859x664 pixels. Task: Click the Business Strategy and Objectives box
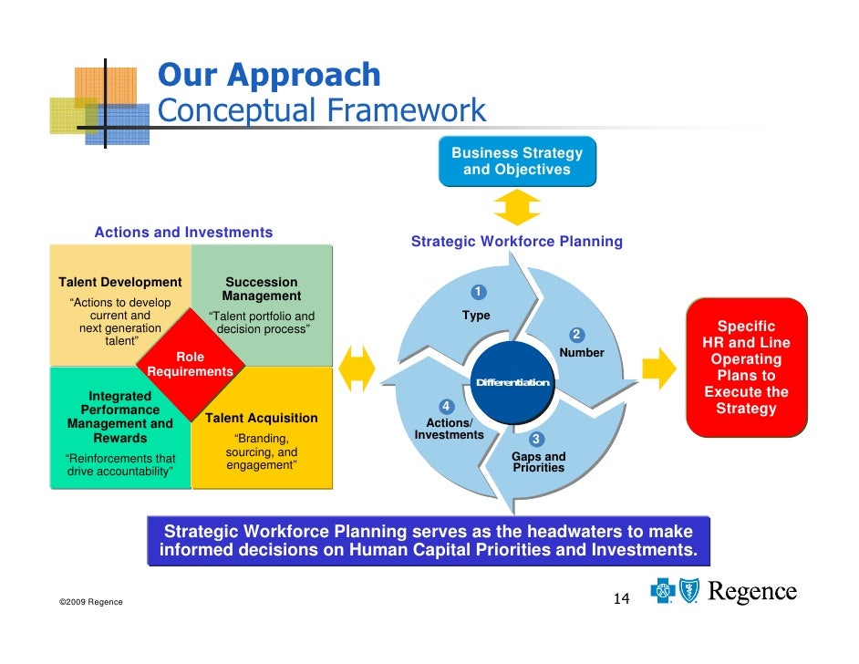tap(516, 161)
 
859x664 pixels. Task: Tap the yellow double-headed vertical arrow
tap(517, 206)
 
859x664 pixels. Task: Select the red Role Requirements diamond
tap(190, 364)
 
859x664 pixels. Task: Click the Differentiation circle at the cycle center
tap(512, 382)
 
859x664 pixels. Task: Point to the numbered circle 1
tap(478, 292)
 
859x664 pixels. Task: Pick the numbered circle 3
tap(537, 440)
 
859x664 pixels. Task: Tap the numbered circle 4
tap(446, 406)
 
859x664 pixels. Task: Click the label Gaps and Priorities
tap(538, 462)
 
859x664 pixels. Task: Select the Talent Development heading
tap(120, 283)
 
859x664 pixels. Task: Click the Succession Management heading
tap(261, 289)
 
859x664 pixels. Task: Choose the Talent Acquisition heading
tap(261, 418)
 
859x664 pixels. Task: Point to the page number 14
tap(621, 599)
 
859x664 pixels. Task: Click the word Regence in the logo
tap(752, 593)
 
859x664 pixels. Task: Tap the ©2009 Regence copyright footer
tap(90, 603)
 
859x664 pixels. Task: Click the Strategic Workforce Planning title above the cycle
tap(516, 242)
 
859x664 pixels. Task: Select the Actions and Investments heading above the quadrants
tap(183, 233)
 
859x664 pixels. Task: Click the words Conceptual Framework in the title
tap(322, 111)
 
